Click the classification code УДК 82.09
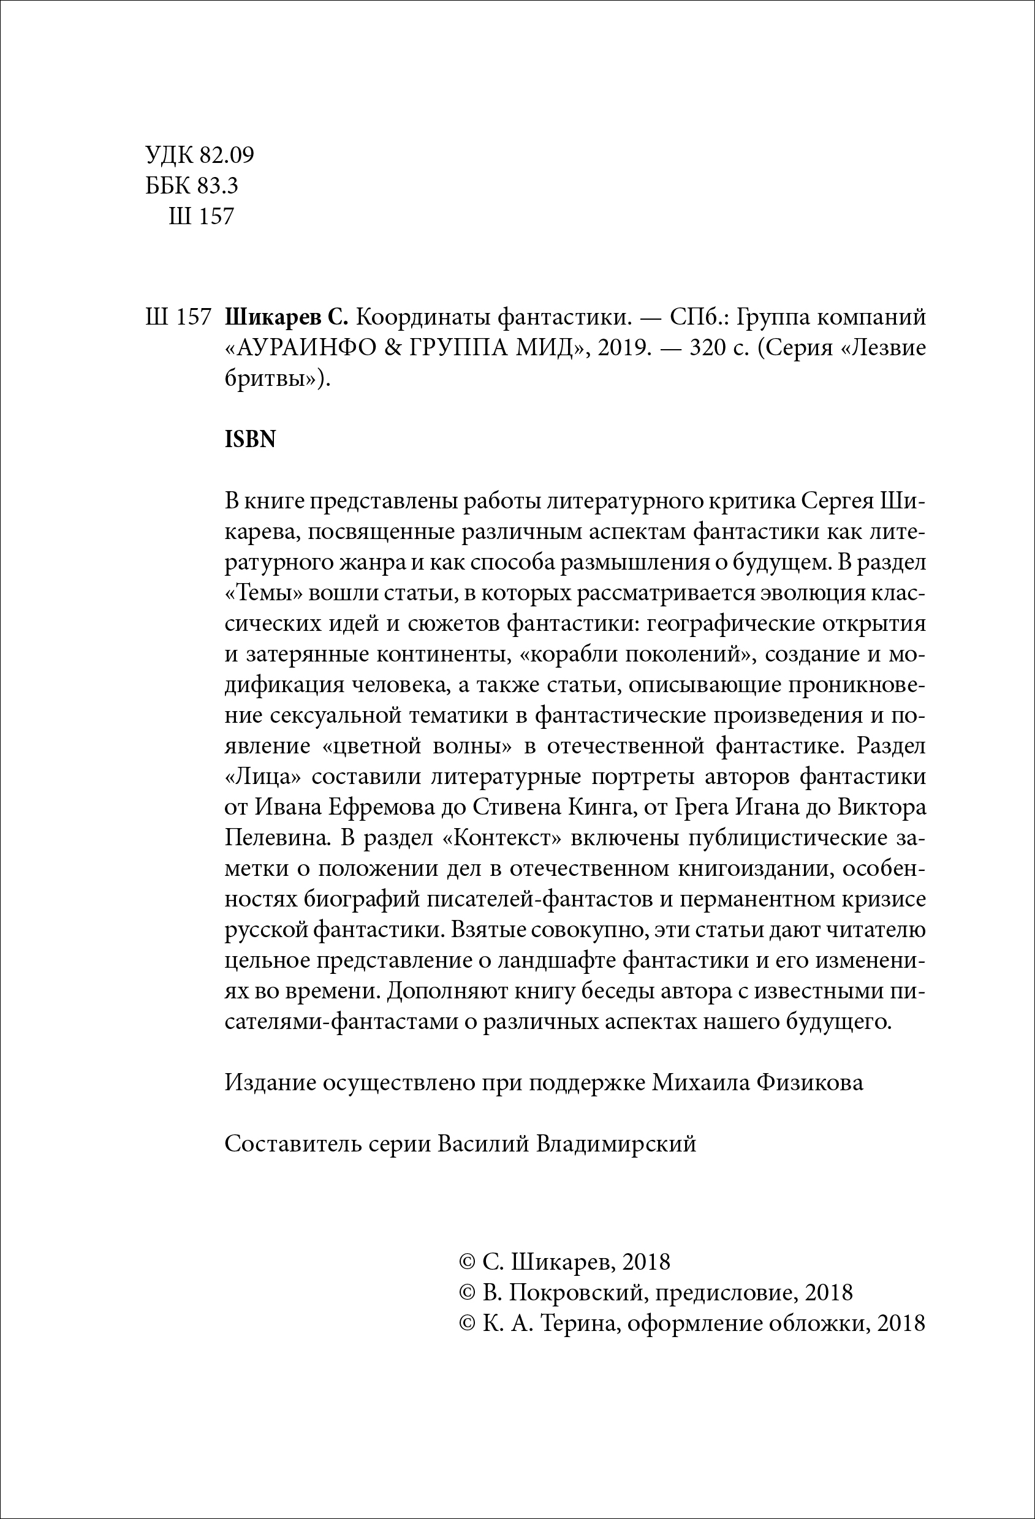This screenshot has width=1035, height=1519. (x=199, y=156)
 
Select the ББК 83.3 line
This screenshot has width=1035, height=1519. (x=192, y=186)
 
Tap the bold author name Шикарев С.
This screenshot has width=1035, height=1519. (x=285, y=318)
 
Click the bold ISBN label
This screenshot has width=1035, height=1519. (x=250, y=439)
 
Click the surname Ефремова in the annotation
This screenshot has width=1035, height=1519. (x=381, y=808)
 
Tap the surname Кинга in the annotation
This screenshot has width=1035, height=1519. (x=603, y=808)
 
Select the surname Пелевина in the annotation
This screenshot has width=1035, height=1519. (x=274, y=839)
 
